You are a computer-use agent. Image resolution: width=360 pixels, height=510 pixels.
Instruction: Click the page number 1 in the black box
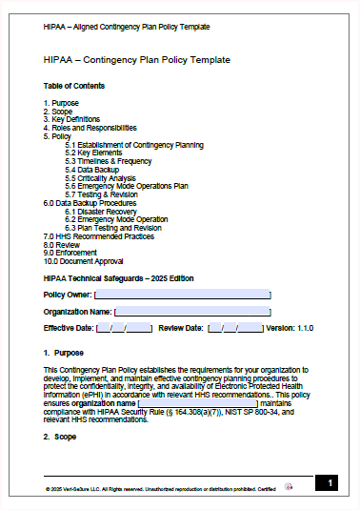pos(330,484)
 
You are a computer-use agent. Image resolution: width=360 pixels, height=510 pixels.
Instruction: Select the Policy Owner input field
pos(182,295)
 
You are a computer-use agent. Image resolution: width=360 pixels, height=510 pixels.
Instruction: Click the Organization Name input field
pos(192,311)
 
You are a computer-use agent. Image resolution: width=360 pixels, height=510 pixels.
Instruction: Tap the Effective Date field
pos(124,328)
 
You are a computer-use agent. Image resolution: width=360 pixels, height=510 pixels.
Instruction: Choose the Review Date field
pos(235,328)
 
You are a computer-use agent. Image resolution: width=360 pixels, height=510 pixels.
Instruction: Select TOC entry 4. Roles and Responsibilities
pos(90,128)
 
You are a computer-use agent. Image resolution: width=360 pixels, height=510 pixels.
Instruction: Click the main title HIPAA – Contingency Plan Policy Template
pos(136,60)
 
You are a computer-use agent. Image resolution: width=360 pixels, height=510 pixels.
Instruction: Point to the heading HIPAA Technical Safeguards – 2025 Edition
pos(119,278)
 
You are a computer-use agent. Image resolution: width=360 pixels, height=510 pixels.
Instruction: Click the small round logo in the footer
pos(290,486)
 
